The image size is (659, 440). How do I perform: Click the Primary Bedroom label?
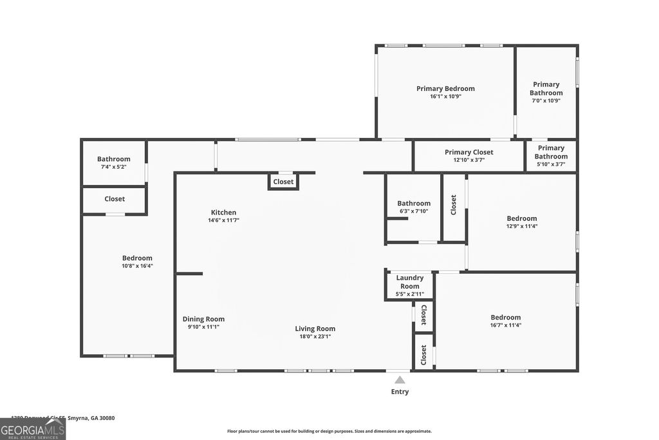445,89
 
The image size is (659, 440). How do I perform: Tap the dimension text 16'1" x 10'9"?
445,97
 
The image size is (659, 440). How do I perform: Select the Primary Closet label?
469,153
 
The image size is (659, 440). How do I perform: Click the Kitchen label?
223,213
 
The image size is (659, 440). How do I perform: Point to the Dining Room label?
203,319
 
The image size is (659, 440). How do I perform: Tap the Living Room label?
315,329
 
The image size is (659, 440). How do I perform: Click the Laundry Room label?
409,282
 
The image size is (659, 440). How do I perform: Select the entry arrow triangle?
400,380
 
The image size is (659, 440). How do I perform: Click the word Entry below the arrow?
400,392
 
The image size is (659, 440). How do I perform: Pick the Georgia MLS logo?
33,429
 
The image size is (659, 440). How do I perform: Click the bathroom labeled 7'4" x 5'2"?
114,163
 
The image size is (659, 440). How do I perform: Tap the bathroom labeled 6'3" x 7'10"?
413,207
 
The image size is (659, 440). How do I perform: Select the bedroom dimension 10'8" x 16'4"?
137,265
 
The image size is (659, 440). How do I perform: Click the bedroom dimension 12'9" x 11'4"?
521,226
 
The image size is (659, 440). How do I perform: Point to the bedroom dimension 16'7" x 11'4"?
505,325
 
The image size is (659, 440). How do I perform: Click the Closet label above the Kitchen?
283,182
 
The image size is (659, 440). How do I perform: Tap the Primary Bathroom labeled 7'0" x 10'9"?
546,92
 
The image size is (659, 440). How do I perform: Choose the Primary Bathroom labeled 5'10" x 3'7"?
551,156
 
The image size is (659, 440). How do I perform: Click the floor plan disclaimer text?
329,432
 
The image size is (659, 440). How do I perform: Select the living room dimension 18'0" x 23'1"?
315,336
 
